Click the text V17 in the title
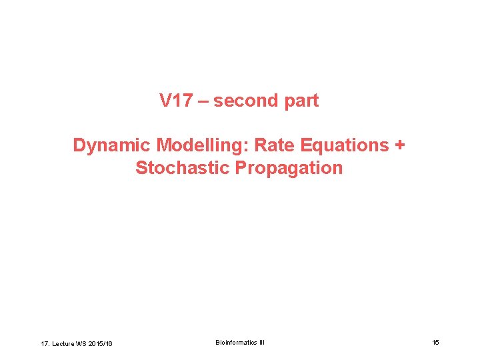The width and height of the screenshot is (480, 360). pos(175,101)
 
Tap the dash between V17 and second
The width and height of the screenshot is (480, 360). pos(202,101)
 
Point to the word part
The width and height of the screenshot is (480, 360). pos(299,101)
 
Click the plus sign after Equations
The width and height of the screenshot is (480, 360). pos(400,145)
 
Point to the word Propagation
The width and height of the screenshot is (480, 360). pos(289,168)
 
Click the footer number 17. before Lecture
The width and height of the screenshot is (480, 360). pos(45,343)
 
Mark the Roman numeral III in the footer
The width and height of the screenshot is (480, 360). pos(261,343)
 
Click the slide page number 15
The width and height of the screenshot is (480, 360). pos(435,343)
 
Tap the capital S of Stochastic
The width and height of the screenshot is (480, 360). pos(141,168)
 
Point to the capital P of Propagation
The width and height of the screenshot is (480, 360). pos(241,168)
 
